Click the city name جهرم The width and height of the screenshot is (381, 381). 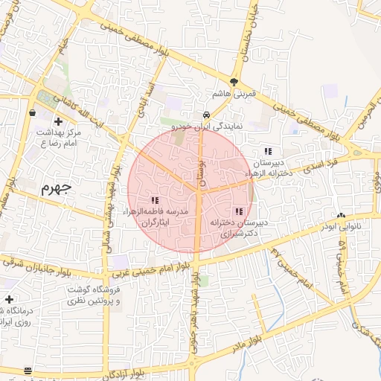(x=56, y=186)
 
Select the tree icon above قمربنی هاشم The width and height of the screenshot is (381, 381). (x=234, y=83)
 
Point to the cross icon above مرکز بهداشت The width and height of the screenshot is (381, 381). (x=58, y=121)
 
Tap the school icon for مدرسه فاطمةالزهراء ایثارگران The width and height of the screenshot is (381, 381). (x=155, y=200)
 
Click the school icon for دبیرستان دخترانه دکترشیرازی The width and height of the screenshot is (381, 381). (x=238, y=211)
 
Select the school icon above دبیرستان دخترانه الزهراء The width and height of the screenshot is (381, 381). (x=268, y=152)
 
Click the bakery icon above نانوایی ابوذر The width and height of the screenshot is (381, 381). (x=341, y=216)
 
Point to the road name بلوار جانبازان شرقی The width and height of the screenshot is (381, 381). (x=44, y=261)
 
